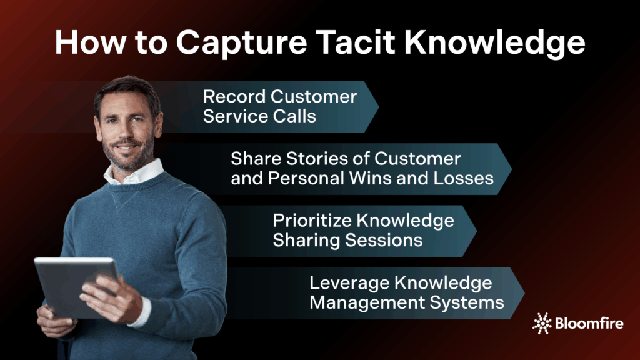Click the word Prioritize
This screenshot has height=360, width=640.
tap(312, 221)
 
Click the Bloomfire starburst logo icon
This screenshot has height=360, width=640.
tap(542, 324)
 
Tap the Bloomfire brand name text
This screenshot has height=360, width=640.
tap(589, 324)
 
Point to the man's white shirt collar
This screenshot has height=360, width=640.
tap(134, 173)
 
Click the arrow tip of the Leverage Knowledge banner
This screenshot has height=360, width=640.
tap(524, 293)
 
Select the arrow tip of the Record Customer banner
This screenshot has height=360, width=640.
tap(378, 107)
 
